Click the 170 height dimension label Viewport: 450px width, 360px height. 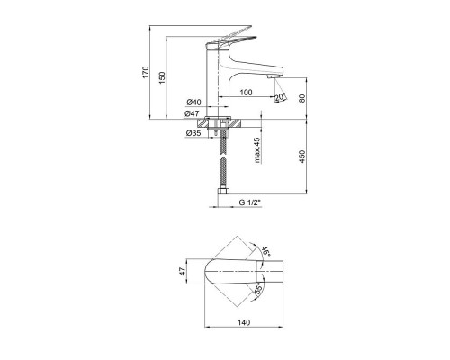[146, 72]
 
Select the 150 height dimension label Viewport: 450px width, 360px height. [162, 77]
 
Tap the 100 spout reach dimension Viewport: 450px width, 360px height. [247, 93]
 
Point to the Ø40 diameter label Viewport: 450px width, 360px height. [193, 103]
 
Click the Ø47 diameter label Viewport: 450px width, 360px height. [192, 113]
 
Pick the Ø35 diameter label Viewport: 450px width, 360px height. [193, 133]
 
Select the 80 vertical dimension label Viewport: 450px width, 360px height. [301, 98]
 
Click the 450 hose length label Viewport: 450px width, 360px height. [301, 157]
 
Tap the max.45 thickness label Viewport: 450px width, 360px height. [257, 150]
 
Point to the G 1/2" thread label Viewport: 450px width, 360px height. [250, 202]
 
